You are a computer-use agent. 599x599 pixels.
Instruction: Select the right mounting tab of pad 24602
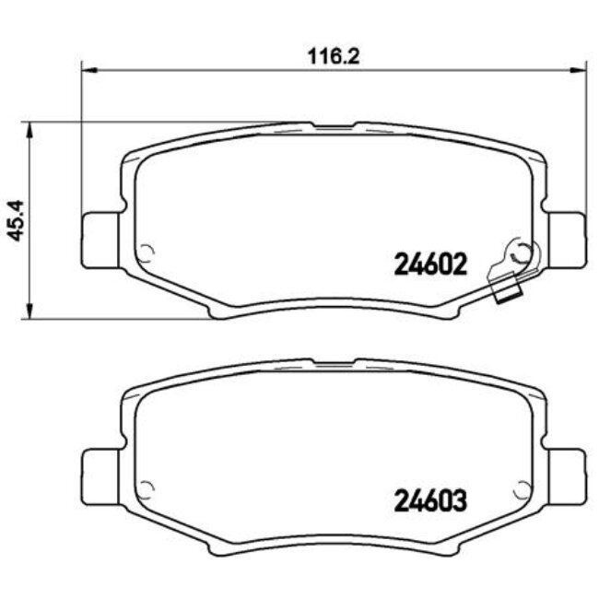[x=565, y=238]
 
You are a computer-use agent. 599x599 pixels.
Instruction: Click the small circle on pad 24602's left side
[x=146, y=251]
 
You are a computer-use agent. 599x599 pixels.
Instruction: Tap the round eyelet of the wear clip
[x=522, y=252]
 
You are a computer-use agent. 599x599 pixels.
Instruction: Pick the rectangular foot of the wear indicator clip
[x=505, y=294]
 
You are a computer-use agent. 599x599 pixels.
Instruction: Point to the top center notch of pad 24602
[x=334, y=124]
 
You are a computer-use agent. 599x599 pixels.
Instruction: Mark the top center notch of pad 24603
[x=334, y=362]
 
